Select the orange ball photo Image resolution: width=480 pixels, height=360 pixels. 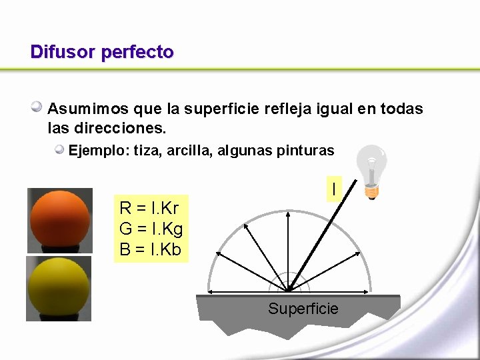59,220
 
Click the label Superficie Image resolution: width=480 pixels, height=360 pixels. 303,309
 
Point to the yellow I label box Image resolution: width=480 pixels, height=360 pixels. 333,189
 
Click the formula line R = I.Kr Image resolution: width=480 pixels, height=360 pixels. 149,207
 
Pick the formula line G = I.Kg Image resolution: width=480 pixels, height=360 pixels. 151,229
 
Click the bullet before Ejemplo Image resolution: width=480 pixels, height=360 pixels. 60,149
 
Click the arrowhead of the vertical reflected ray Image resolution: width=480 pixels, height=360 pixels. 288,215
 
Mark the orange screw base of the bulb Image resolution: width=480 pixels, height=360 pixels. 372,193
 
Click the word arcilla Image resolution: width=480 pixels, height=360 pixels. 188,151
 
